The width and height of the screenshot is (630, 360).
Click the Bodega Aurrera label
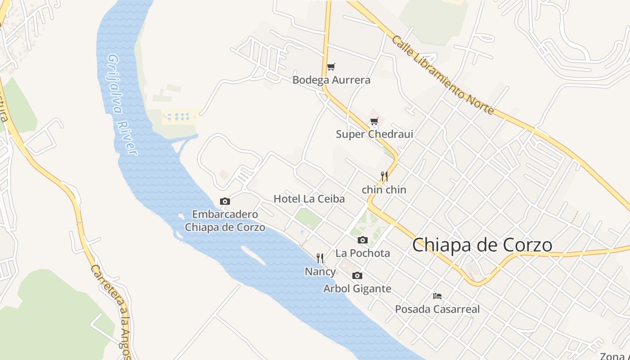click(x=332, y=80)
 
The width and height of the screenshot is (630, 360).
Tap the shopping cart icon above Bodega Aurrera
click(x=331, y=67)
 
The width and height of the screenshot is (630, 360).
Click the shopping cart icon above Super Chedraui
click(x=374, y=121)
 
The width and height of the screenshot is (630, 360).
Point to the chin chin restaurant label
click(x=384, y=190)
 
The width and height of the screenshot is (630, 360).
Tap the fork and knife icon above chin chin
click(x=384, y=176)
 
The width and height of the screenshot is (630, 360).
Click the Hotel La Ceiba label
click(x=309, y=198)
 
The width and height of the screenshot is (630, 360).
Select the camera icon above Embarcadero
click(x=225, y=201)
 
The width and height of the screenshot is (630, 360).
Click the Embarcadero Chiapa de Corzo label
click(x=225, y=220)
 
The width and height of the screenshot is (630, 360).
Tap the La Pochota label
click(x=363, y=253)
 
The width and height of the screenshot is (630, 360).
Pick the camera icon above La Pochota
click(x=363, y=240)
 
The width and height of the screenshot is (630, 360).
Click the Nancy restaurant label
click(x=320, y=271)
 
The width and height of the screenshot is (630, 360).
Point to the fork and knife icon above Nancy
click(x=320, y=258)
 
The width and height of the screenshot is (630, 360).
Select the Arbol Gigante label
click(x=357, y=288)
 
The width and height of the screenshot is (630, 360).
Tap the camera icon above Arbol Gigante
click(x=357, y=275)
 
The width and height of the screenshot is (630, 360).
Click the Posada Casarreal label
click(x=437, y=309)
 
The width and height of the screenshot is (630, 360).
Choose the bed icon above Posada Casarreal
click(x=437, y=296)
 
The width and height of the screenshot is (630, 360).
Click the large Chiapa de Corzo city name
click(x=482, y=245)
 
